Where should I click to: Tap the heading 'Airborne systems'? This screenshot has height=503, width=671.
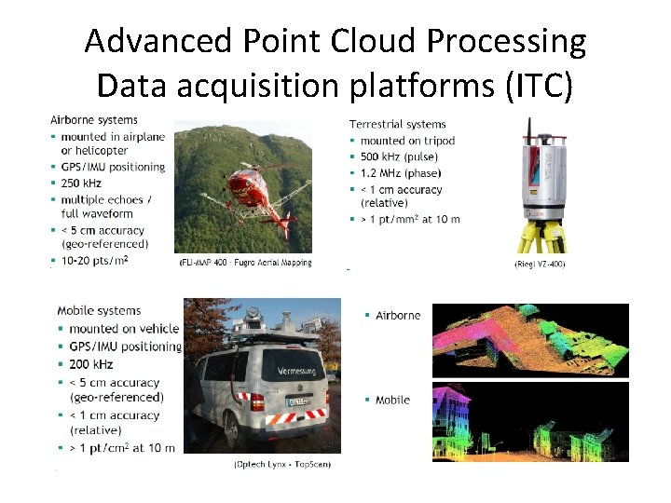click(x=93, y=119)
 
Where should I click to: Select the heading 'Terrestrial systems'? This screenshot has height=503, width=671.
click(x=397, y=124)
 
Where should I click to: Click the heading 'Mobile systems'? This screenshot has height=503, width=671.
click(x=99, y=310)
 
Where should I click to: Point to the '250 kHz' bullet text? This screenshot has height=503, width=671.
click(x=82, y=184)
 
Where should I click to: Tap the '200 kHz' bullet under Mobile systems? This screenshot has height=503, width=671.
click(x=91, y=364)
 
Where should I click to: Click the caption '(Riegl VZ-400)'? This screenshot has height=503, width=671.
click(x=539, y=264)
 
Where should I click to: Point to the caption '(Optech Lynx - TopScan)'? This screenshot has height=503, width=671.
click(x=281, y=463)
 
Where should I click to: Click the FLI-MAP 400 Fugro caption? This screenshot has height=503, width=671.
click(x=245, y=264)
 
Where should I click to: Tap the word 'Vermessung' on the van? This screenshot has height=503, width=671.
click(x=301, y=372)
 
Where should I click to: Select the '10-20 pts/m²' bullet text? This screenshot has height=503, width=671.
click(x=94, y=260)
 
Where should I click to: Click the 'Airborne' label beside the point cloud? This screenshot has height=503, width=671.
click(x=398, y=315)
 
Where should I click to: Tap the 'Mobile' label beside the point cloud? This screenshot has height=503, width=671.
click(x=392, y=400)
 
